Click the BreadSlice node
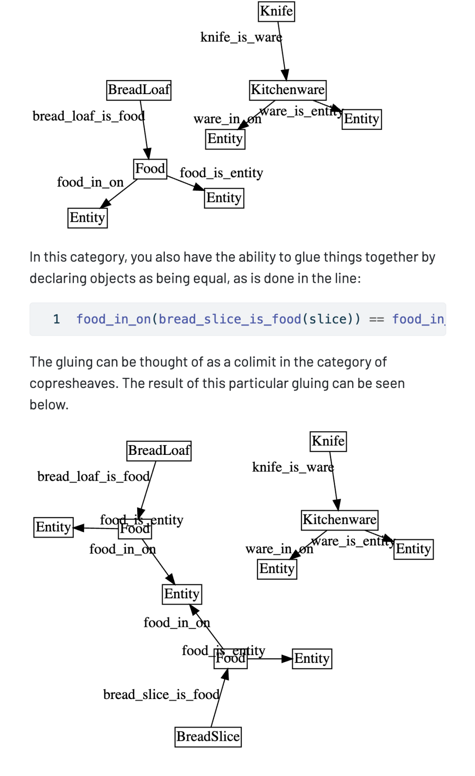tap(208, 736)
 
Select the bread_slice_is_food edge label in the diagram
tap(161, 695)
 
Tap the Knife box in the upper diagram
tap(276, 11)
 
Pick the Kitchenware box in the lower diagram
tap(340, 520)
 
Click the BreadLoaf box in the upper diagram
tap(139, 90)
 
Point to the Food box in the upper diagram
tap(150, 168)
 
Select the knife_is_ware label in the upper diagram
tap(241, 37)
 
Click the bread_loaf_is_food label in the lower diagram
tap(93, 476)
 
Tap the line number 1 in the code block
tap(56, 319)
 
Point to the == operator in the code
tap(376, 319)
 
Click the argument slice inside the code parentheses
tap(328, 319)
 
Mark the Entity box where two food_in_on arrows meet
tap(182, 594)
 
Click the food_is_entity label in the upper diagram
tap(221, 173)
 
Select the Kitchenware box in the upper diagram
tap(288, 90)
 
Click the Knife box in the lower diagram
tap(328, 441)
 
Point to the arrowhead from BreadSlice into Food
tap(226, 674)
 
